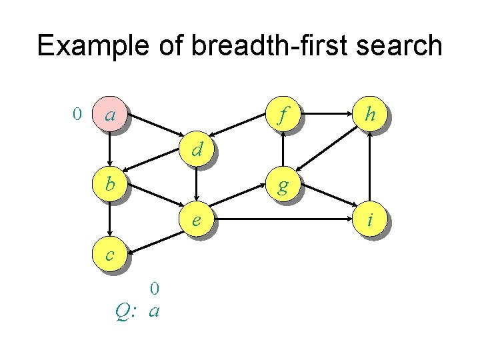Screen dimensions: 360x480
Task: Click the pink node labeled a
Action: pos(109,115)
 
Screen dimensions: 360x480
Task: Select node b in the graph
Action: pos(109,183)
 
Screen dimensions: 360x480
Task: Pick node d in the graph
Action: pos(196,149)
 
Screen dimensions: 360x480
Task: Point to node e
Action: pos(196,219)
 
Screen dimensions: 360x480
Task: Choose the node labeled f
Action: pos(283,115)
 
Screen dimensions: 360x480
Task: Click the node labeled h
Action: pos(371,115)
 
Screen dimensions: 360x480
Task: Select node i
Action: pos(371,219)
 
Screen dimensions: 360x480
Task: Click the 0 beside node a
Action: pos(77,115)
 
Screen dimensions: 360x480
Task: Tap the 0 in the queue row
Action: pos(154,289)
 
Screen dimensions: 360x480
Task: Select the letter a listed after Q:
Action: pos(154,311)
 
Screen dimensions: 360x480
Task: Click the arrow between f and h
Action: pos(327,115)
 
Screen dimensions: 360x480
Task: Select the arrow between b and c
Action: pos(109,218)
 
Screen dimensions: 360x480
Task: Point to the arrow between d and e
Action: pos(196,184)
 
